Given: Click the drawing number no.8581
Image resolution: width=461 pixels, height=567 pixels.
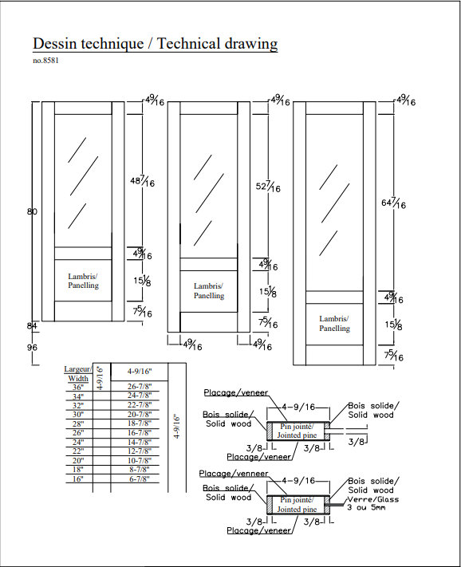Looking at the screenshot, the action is click(45, 61).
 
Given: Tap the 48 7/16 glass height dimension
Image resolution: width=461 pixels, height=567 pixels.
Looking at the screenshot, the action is click(142, 181).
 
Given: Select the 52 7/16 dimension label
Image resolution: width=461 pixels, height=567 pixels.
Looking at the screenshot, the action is click(268, 187).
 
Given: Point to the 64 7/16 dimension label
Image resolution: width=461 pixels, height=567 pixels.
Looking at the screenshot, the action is click(394, 203).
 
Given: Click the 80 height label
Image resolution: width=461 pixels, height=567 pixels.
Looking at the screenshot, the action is click(32, 211).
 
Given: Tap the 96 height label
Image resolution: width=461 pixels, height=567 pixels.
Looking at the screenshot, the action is click(32, 348).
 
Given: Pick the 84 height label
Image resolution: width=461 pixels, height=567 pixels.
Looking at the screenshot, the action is click(32, 326).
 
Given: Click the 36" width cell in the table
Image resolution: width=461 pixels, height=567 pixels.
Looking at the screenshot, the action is click(77, 388).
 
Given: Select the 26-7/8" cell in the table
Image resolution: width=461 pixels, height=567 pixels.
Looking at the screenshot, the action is click(140, 387).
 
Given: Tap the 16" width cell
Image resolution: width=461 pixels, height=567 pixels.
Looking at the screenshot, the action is click(77, 479).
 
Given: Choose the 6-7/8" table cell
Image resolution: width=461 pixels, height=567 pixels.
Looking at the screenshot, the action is click(140, 479).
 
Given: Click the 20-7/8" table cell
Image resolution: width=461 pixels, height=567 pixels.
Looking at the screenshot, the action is click(140, 415).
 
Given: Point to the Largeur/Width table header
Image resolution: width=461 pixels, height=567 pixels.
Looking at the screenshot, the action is click(78, 374).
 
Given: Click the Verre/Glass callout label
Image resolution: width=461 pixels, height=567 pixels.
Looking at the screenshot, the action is click(373, 499).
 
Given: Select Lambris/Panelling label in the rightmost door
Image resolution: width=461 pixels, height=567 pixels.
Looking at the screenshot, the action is click(334, 324).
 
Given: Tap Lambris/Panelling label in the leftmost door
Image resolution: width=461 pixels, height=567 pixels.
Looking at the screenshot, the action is click(83, 281).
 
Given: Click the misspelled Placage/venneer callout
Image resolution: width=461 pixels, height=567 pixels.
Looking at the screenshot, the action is click(234, 474).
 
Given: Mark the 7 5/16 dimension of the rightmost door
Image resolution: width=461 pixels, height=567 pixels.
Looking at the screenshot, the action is click(394, 356).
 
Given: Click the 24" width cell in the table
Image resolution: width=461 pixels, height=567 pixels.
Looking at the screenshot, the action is click(77, 443).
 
